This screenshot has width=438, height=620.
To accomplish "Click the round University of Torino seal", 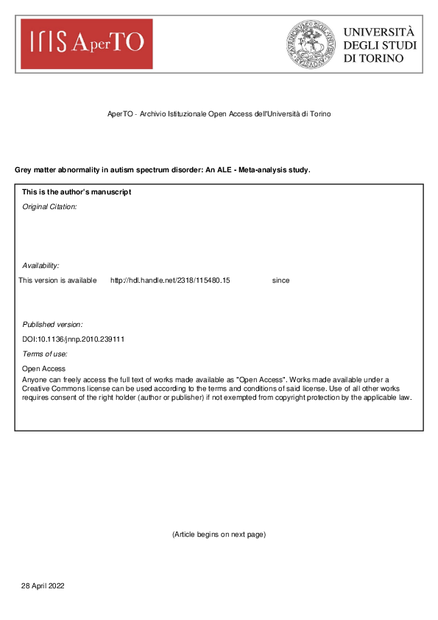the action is (x=311, y=44).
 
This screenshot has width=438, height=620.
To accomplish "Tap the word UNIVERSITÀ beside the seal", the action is (x=378, y=32).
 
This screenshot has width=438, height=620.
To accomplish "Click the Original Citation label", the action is (x=49, y=207).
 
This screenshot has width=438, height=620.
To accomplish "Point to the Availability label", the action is (x=40, y=265).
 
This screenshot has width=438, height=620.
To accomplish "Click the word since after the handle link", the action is (x=280, y=281).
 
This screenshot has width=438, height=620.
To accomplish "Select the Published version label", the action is (x=52, y=324).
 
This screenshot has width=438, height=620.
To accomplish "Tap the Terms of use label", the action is (x=45, y=354).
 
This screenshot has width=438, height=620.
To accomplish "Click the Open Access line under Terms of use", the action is (x=43, y=369).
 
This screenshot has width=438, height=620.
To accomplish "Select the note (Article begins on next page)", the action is (x=219, y=534).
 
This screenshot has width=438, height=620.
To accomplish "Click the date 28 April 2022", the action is (x=43, y=585).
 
